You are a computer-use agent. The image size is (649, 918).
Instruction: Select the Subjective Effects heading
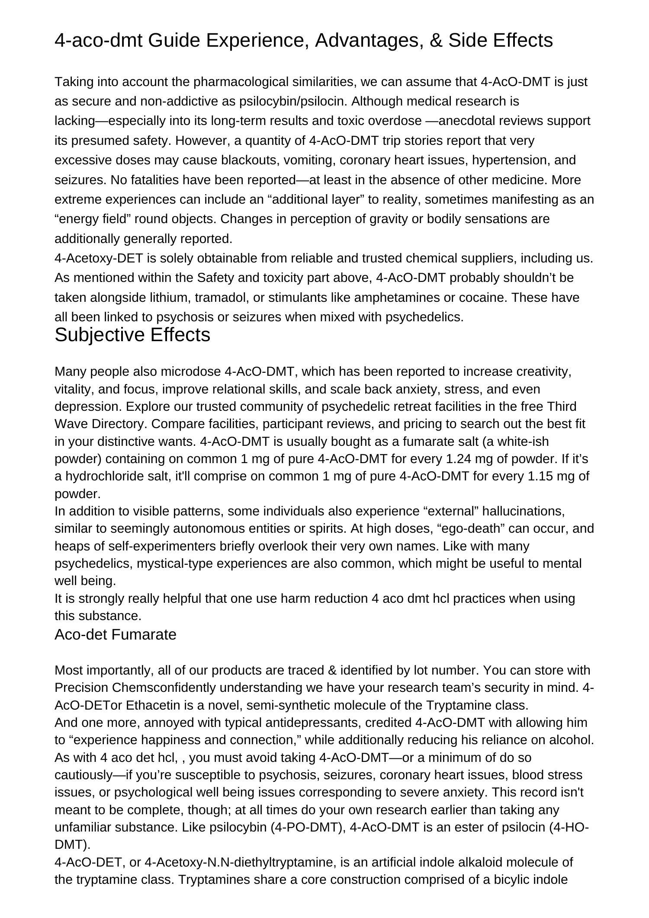[x=132, y=335]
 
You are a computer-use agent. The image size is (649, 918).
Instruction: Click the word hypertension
[x=511, y=160]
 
